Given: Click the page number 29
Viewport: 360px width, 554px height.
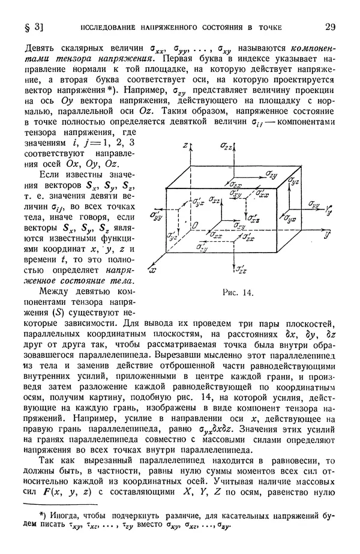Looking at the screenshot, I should coord(329,26).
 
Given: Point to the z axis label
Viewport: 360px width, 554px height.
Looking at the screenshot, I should coord(187,146).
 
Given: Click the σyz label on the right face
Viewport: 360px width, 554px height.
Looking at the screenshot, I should coord(293,179).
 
